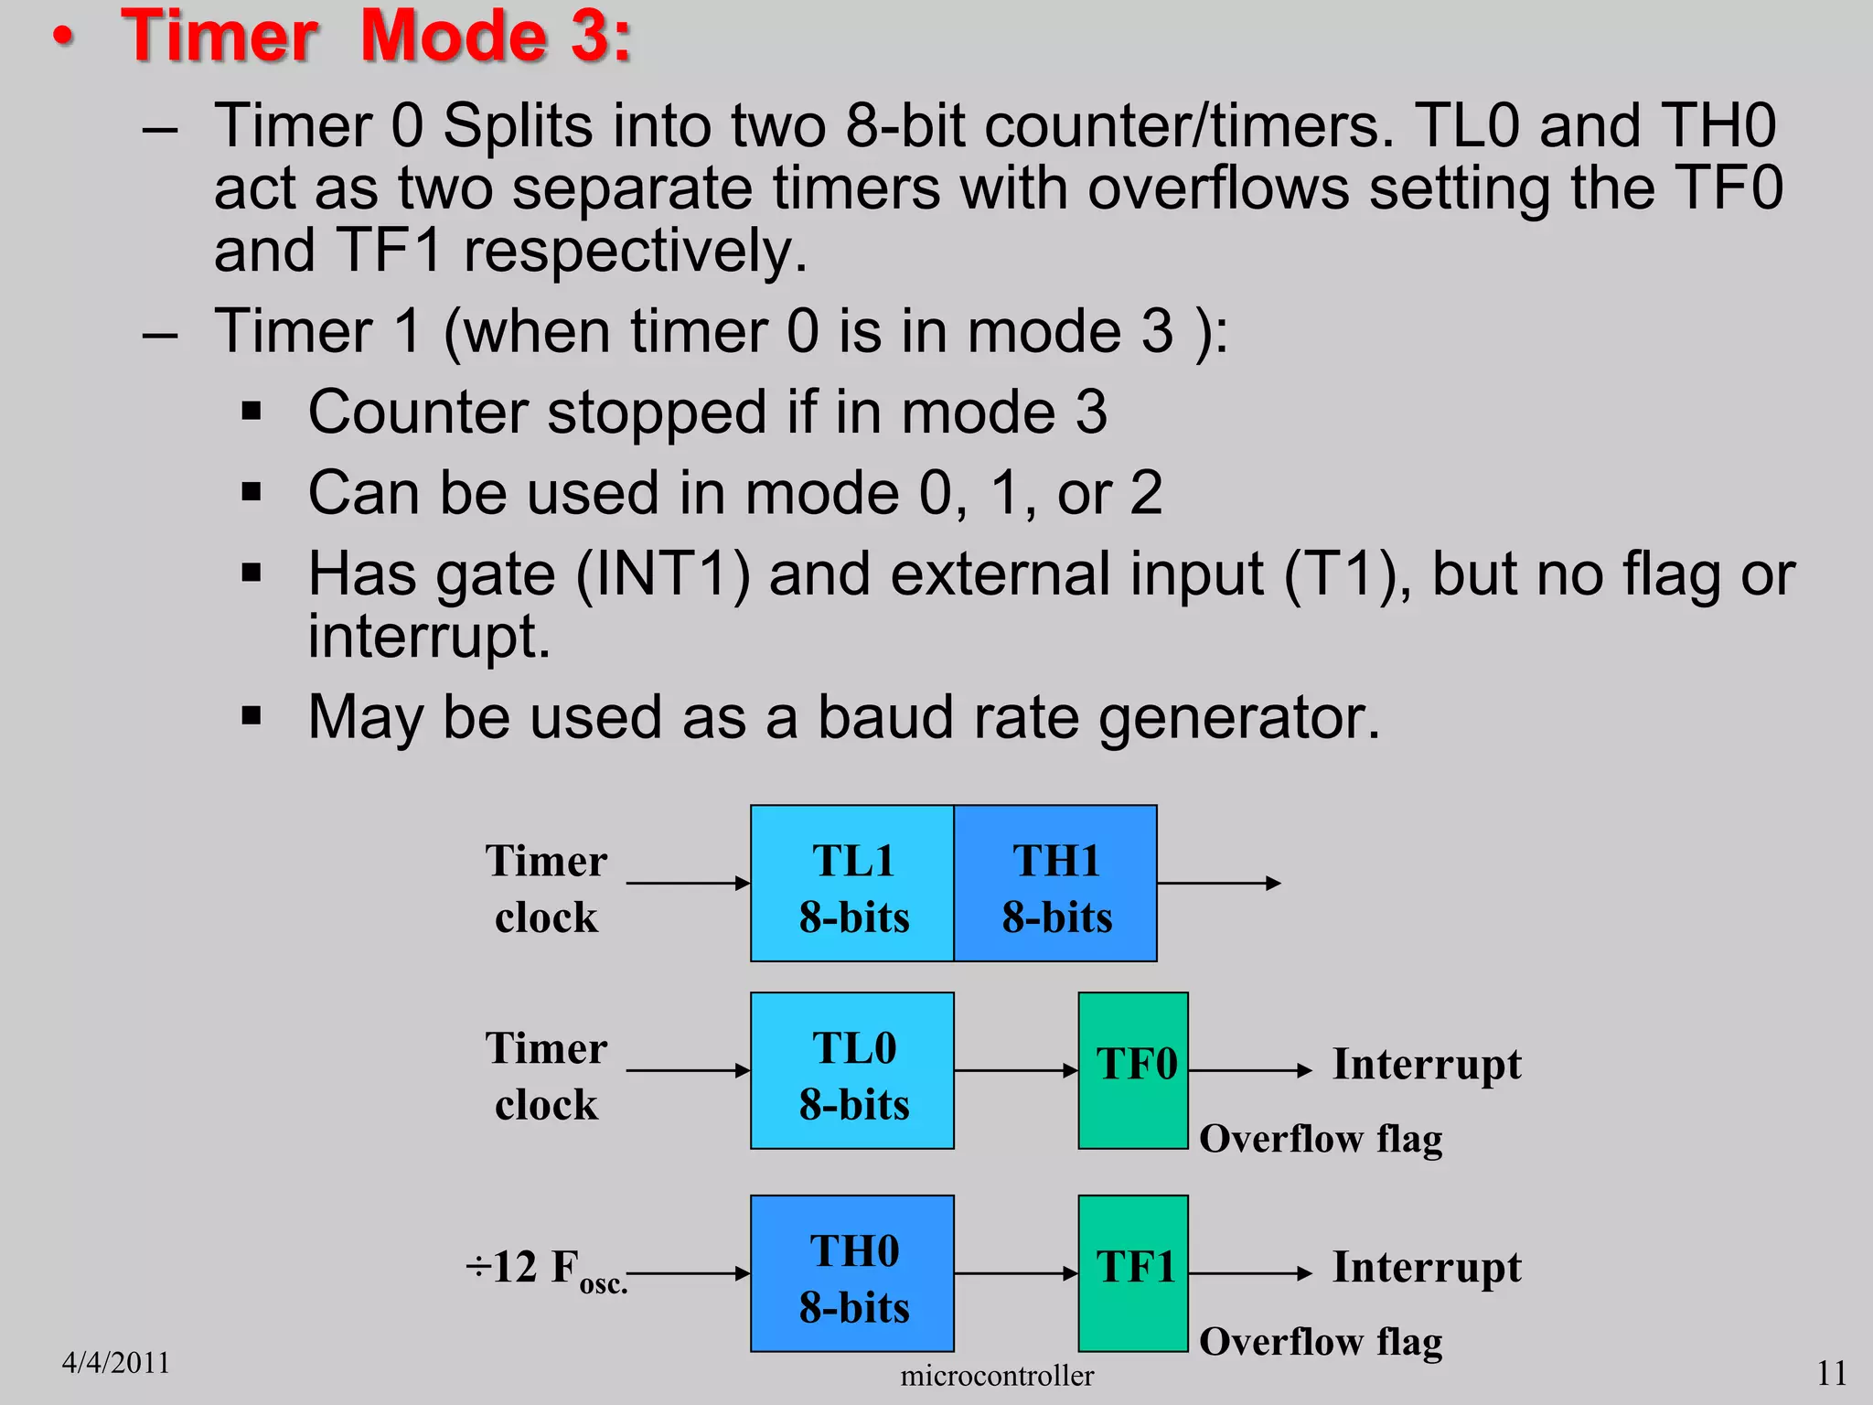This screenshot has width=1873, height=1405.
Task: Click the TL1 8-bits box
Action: pyautogui.click(x=852, y=884)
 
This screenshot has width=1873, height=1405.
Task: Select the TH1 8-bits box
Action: pyautogui.click(x=1055, y=884)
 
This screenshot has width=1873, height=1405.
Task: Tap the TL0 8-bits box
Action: pyautogui.click(x=852, y=1070)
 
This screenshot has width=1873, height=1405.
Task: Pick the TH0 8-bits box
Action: pyautogui.click(x=852, y=1273)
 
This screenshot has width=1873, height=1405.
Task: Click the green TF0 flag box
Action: pyautogui.click(x=1133, y=1070)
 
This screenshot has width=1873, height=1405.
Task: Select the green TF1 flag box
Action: pyautogui.click(x=1133, y=1273)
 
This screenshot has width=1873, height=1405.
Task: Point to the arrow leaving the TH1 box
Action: pyautogui.click(x=1218, y=883)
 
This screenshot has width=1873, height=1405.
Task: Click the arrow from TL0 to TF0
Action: pyautogui.click(x=1015, y=1070)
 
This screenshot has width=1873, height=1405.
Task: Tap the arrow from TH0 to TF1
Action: pyautogui.click(x=1015, y=1273)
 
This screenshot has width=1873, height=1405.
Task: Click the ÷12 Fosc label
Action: pyautogui.click(x=545, y=1270)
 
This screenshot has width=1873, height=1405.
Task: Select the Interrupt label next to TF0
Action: pyautogui.click(x=1427, y=1065)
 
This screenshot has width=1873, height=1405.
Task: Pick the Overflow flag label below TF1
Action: pyautogui.click(x=1321, y=1342)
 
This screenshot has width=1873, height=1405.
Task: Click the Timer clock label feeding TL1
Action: pyautogui.click(x=546, y=888)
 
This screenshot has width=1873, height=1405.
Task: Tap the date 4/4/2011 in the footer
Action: pyautogui.click(x=116, y=1363)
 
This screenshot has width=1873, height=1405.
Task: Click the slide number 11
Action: pyautogui.click(x=1831, y=1373)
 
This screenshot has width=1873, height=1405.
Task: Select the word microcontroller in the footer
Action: pyautogui.click(x=997, y=1376)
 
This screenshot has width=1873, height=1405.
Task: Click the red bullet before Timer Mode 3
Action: pyautogui.click(x=62, y=38)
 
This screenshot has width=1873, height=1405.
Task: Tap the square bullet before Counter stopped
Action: pyautogui.click(x=252, y=412)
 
